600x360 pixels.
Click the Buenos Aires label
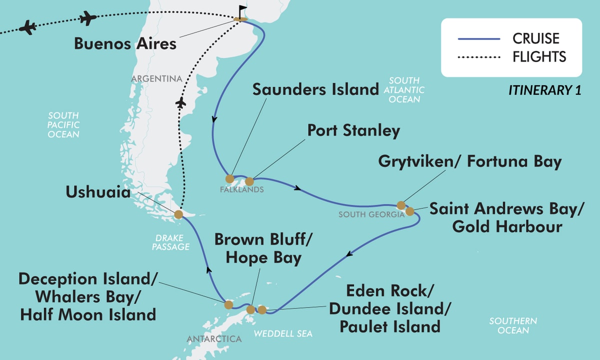(125, 43)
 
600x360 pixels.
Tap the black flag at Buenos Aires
(242, 11)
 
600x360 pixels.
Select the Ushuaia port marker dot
(178, 215)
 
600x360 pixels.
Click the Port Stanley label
(353, 131)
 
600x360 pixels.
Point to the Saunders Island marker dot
(229, 178)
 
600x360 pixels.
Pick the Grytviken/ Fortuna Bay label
(470, 162)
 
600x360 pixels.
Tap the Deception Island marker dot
(228, 304)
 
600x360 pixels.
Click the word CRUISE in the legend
(535, 38)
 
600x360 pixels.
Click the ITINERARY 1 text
(544, 90)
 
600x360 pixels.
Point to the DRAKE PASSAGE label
(171, 242)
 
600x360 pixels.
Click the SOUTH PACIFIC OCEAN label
(63, 125)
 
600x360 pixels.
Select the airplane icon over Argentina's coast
(181, 103)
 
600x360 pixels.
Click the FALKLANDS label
(241, 190)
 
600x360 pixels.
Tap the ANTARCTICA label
(214, 339)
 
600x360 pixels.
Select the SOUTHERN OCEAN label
(513, 325)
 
